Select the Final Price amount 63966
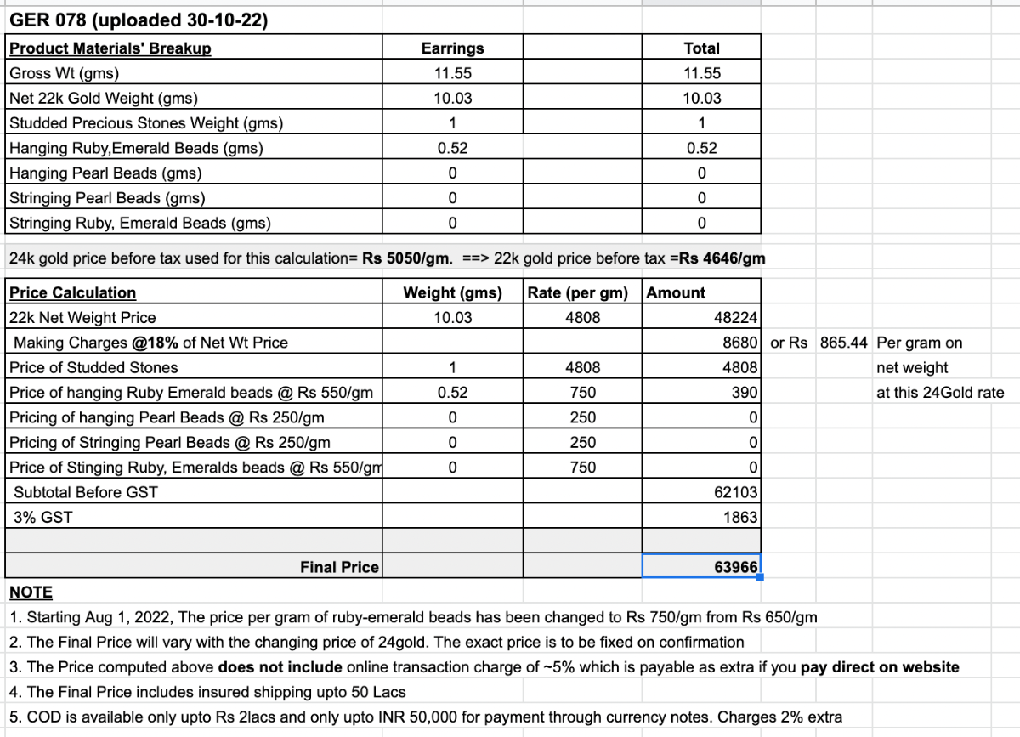point(736,566)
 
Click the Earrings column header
point(452,48)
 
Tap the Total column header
point(701,48)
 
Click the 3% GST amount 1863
point(741,517)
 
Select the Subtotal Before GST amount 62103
point(737,491)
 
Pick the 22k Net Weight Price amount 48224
point(737,318)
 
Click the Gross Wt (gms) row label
point(65,73)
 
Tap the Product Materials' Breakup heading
point(110,48)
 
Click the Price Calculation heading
point(73,293)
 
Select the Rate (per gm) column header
point(578,293)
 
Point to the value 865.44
point(844,343)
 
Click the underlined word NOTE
point(31,592)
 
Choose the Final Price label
point(339,567)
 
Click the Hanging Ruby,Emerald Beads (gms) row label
point(136,148)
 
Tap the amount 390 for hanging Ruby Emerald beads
point(745,393)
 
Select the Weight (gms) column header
point(452,293)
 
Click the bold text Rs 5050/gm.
point(406,258)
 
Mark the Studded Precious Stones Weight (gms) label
point(146,123)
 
